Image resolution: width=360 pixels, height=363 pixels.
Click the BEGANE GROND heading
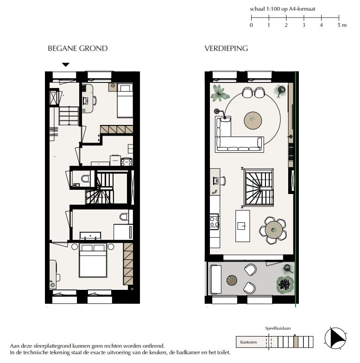(77, 49)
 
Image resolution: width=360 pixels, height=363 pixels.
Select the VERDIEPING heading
(226, 49)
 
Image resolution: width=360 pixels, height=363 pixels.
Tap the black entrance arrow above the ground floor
(66, 65)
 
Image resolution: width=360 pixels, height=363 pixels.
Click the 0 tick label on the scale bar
(251, 25)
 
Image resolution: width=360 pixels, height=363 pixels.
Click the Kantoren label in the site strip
(248, 343)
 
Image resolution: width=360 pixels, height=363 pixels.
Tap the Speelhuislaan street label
(278, 328)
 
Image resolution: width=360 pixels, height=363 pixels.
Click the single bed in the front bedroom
(124, 100)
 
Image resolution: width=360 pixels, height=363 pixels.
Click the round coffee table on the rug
(253, 120)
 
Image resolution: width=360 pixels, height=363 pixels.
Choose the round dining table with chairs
(274, 229)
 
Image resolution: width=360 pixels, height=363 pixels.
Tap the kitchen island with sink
(242, 225)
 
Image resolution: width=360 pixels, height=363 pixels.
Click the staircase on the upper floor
(259, 187)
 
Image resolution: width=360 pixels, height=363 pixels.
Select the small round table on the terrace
(232, 280)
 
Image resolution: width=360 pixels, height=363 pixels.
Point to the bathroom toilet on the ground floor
(124, 217)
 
